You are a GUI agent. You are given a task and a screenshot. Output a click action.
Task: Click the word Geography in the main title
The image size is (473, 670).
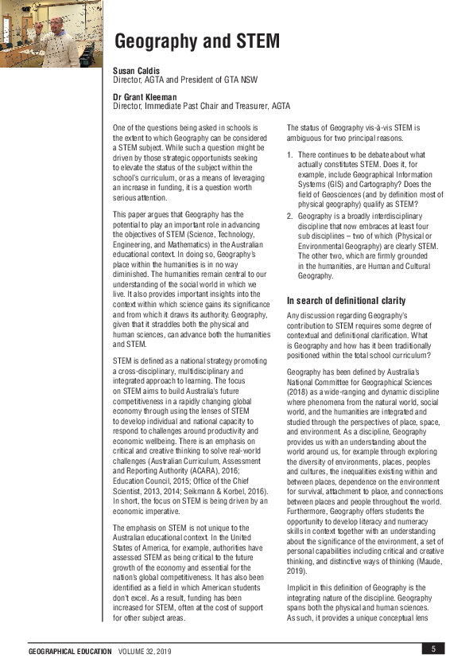point(163,41)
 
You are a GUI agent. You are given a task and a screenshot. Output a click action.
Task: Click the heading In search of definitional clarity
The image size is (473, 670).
point(346,301)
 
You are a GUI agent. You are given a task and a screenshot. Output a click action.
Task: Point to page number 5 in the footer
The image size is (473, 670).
point(433,649)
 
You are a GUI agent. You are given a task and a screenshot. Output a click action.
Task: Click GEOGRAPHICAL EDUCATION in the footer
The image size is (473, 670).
point(70,652)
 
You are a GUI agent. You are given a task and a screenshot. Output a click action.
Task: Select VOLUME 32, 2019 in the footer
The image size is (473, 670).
point(144,652)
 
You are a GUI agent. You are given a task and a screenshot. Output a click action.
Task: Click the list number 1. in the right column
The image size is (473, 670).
point(290,154)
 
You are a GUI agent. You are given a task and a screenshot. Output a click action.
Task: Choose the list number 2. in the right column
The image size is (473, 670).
point(290,216)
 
